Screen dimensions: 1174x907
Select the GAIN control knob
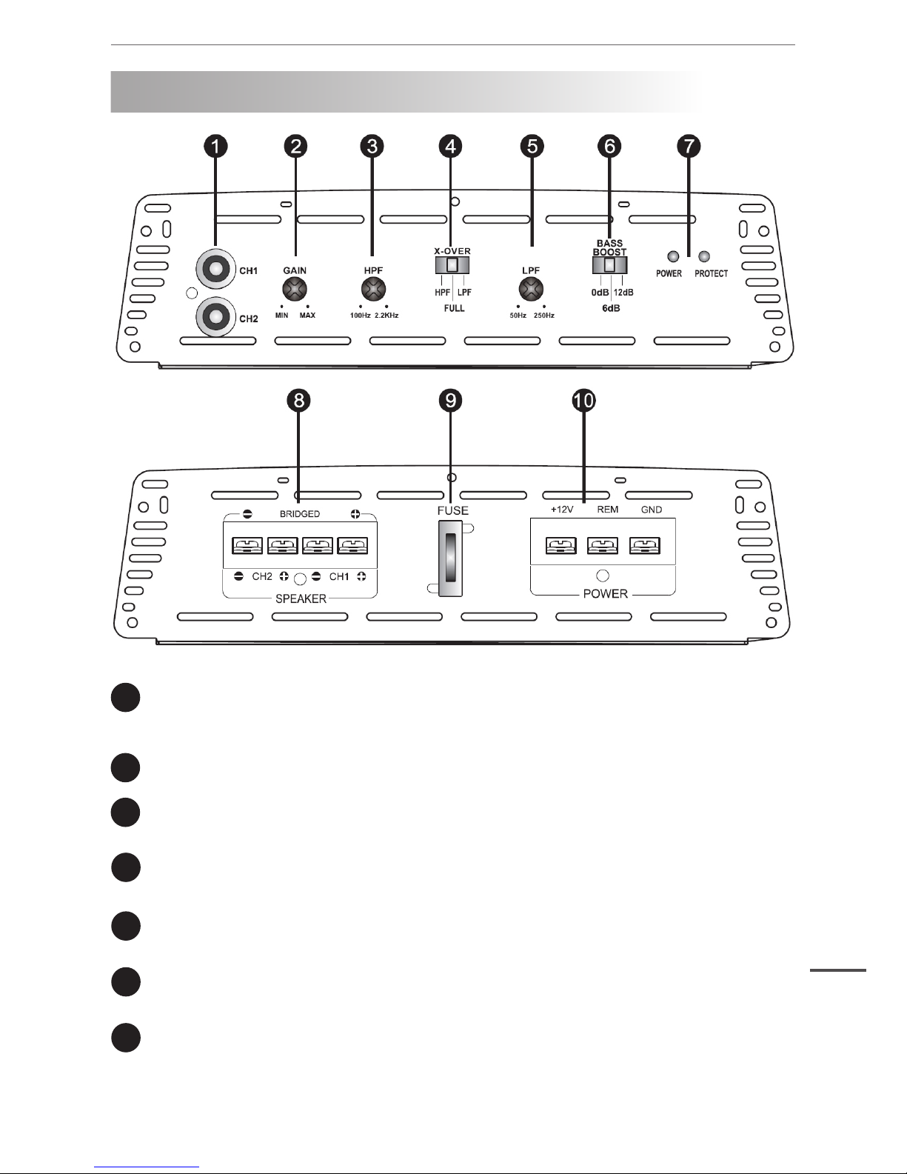tap(295, 290)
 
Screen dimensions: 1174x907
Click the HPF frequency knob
tap(373, 290)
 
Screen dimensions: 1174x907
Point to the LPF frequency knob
tap(531, 290)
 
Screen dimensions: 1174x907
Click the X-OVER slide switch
tap(452, 265)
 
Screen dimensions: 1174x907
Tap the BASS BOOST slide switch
tap(610, 265)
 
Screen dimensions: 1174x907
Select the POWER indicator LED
tap(673, 257)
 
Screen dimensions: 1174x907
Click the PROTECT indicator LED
tap(704, 257)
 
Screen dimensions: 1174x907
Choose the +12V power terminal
tap(560, 546)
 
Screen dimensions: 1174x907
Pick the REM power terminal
tap(602, 546)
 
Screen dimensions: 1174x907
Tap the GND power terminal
tap(644, 546)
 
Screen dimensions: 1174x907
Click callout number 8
tap(298, 401)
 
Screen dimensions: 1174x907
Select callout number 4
tap(450, 147)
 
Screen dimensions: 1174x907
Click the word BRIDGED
tap(300, 514)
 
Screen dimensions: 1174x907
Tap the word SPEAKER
tap(300, 598)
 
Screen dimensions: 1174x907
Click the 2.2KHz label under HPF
tap(385, 316)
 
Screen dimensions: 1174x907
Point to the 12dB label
tap(623, 293)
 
